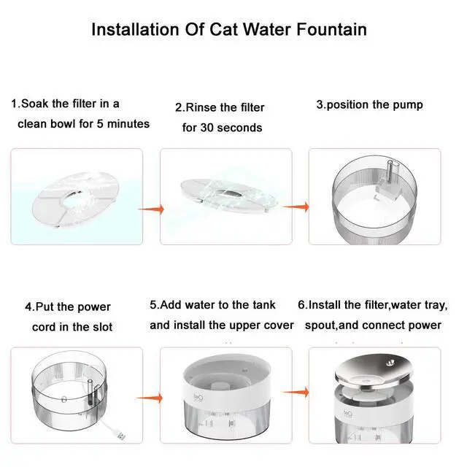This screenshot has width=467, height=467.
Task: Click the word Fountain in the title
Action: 331,29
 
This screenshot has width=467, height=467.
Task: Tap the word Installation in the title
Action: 136,29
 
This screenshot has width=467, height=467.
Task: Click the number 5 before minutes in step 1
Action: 100,124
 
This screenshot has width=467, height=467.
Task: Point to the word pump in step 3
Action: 408,105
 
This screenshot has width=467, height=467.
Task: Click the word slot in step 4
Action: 102,327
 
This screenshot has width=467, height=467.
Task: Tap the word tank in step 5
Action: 264,305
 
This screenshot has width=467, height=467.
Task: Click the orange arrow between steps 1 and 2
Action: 151,209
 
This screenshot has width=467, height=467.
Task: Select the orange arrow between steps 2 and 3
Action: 296,207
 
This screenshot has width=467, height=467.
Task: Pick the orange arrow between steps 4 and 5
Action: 150,398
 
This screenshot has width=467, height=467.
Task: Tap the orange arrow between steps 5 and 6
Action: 296,393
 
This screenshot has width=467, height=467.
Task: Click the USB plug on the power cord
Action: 121,436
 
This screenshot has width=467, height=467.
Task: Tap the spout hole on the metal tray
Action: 390,363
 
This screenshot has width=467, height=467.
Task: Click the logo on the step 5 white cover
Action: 198,397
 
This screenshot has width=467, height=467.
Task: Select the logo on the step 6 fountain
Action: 348,414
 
